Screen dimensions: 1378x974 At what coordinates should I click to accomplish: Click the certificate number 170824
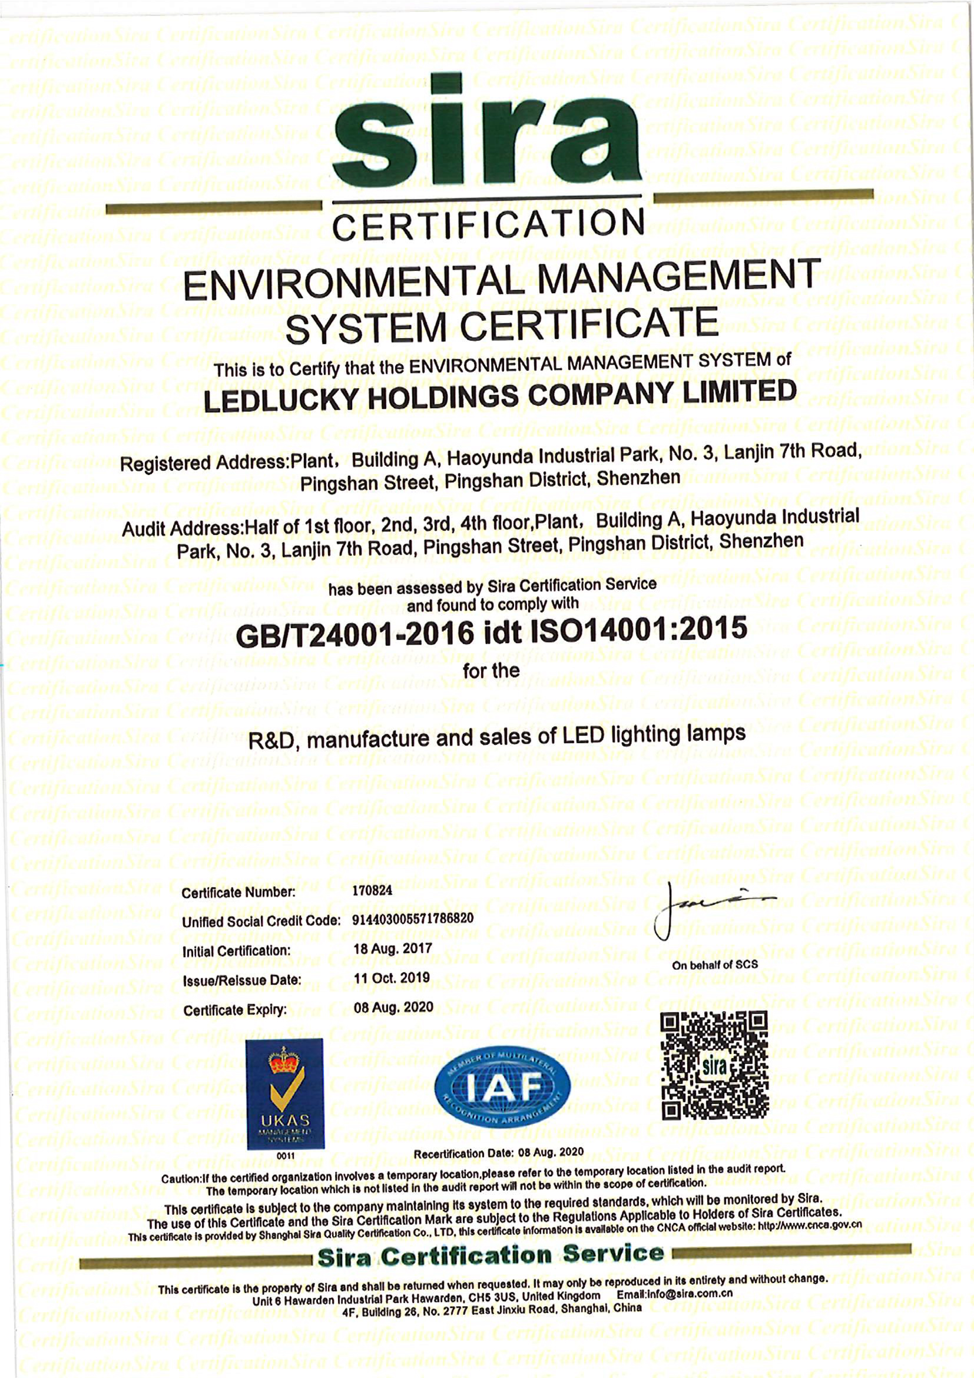point(372,890)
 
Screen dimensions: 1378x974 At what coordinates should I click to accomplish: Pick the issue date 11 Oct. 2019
point(392,978)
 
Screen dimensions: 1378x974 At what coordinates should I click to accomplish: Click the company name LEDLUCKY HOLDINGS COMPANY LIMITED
point(500,396)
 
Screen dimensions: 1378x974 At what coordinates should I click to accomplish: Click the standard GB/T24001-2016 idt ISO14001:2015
point(492,632)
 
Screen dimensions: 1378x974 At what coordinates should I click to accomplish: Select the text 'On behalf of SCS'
point(715,965)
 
